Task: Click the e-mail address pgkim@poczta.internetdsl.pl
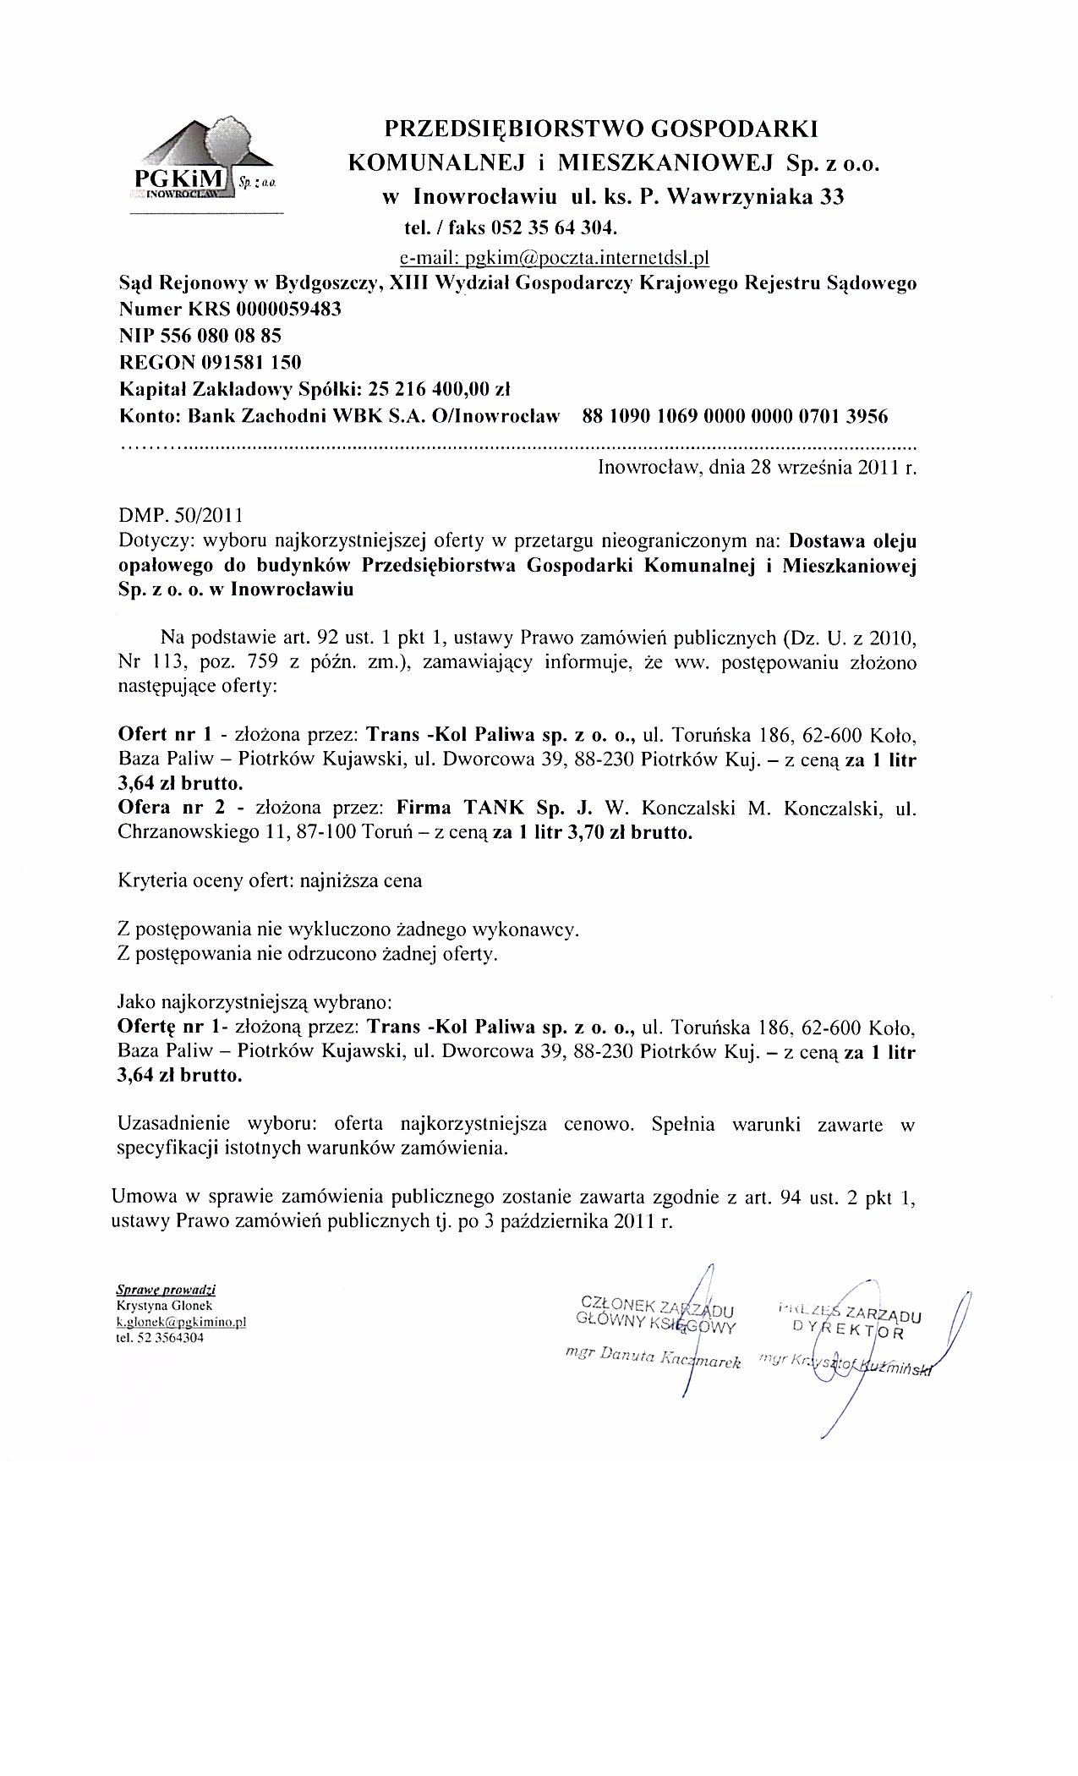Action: (x=558, y=255)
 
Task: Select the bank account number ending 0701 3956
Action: (x=736, y=416)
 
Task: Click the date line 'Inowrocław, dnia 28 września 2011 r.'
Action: (x=757, y=467)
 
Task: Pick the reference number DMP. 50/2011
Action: (x=179, y=515)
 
